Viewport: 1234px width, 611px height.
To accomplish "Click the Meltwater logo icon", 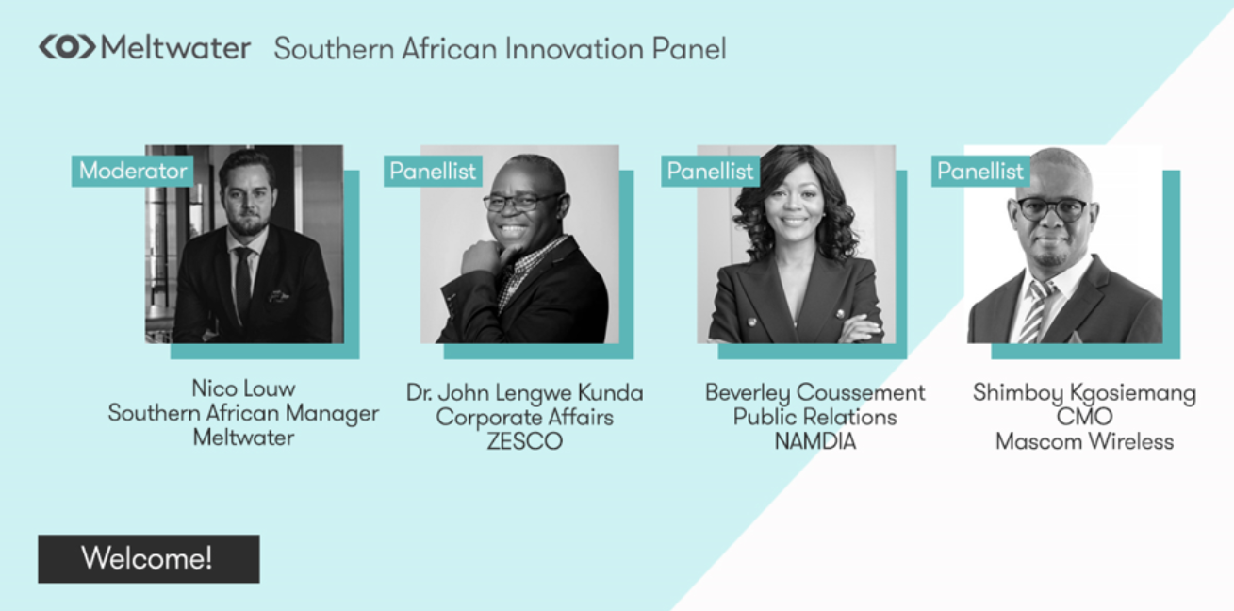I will click(66, 47).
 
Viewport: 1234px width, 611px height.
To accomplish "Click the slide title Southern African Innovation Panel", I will click(500, 49).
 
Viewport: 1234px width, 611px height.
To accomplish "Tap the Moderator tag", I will click(133, 171).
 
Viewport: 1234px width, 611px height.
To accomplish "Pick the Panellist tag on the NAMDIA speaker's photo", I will click(710, 172).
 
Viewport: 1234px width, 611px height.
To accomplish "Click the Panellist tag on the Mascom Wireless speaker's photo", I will click(980, 172).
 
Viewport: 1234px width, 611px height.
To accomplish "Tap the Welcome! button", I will click(148, 558).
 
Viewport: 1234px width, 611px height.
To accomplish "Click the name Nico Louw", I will click(243, 388).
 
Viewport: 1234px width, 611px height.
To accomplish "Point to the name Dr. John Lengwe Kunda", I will click(525, 392).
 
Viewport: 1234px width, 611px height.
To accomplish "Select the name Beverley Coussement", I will click(814, 392).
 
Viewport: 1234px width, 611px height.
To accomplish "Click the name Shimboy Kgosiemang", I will click(1084, 393).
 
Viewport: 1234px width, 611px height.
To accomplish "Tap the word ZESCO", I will click(524, 441).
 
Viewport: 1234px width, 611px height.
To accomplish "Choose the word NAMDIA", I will click(814, 441).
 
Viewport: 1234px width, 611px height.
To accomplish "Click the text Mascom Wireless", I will click(1084, 441).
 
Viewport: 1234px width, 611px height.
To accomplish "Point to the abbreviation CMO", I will click(1084, 417).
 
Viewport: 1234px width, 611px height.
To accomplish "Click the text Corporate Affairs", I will click(524, 417).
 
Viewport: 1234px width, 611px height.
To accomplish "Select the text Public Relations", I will click(814, 417).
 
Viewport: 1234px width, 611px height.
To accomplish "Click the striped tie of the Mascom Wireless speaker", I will click(1035, 311).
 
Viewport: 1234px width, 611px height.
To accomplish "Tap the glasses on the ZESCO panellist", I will click(520, 202).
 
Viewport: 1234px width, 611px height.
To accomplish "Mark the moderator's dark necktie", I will click(243, 283).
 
